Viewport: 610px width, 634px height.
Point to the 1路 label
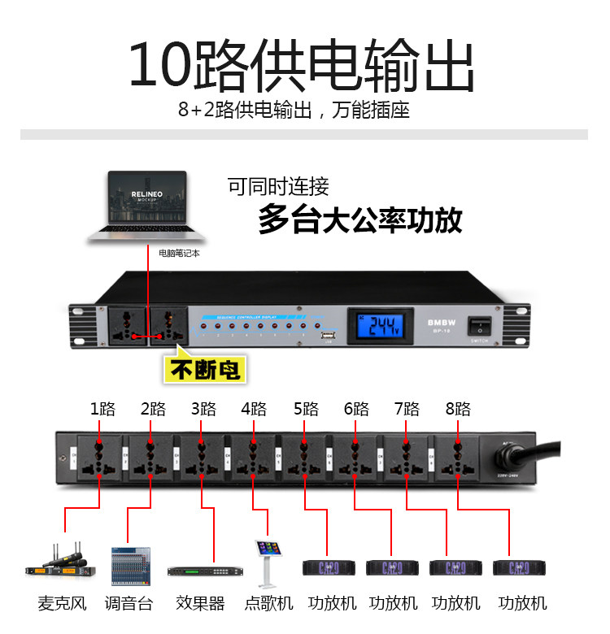tap(102, 409)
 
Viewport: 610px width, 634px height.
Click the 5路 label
tap(307, 409)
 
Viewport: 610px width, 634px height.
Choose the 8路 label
tap(458, 409)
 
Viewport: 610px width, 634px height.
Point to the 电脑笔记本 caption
tap(178, 254)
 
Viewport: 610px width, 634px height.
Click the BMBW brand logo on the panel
tap(438, 322)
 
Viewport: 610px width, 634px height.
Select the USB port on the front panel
tap(329, 336)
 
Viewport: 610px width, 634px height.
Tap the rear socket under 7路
tap(406, 460)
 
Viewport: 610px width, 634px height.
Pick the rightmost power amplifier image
tap(519, 567)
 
